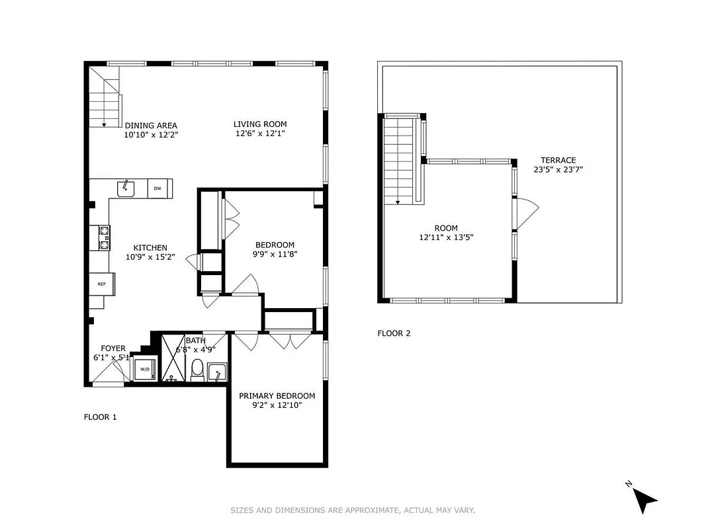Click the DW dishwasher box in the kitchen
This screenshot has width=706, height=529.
tap(157, 188)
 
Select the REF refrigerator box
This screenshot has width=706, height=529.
tap(102, 284)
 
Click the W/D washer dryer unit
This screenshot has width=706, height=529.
tap(144, 369)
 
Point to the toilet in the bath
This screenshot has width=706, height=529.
tap(197, 370)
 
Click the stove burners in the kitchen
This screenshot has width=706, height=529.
tap(104, 237)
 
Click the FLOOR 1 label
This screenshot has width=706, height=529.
tap(100, 417)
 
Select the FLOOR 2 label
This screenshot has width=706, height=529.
tap(394, 333)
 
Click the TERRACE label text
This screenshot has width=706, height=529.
tap(558, 160)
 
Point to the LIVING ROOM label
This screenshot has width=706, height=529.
tap(260, 124)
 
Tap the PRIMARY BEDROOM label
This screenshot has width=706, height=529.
tap(277, 396)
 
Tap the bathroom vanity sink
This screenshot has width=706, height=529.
tap(216, 373)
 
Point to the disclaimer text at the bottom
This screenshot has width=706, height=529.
tap(353, 510)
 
